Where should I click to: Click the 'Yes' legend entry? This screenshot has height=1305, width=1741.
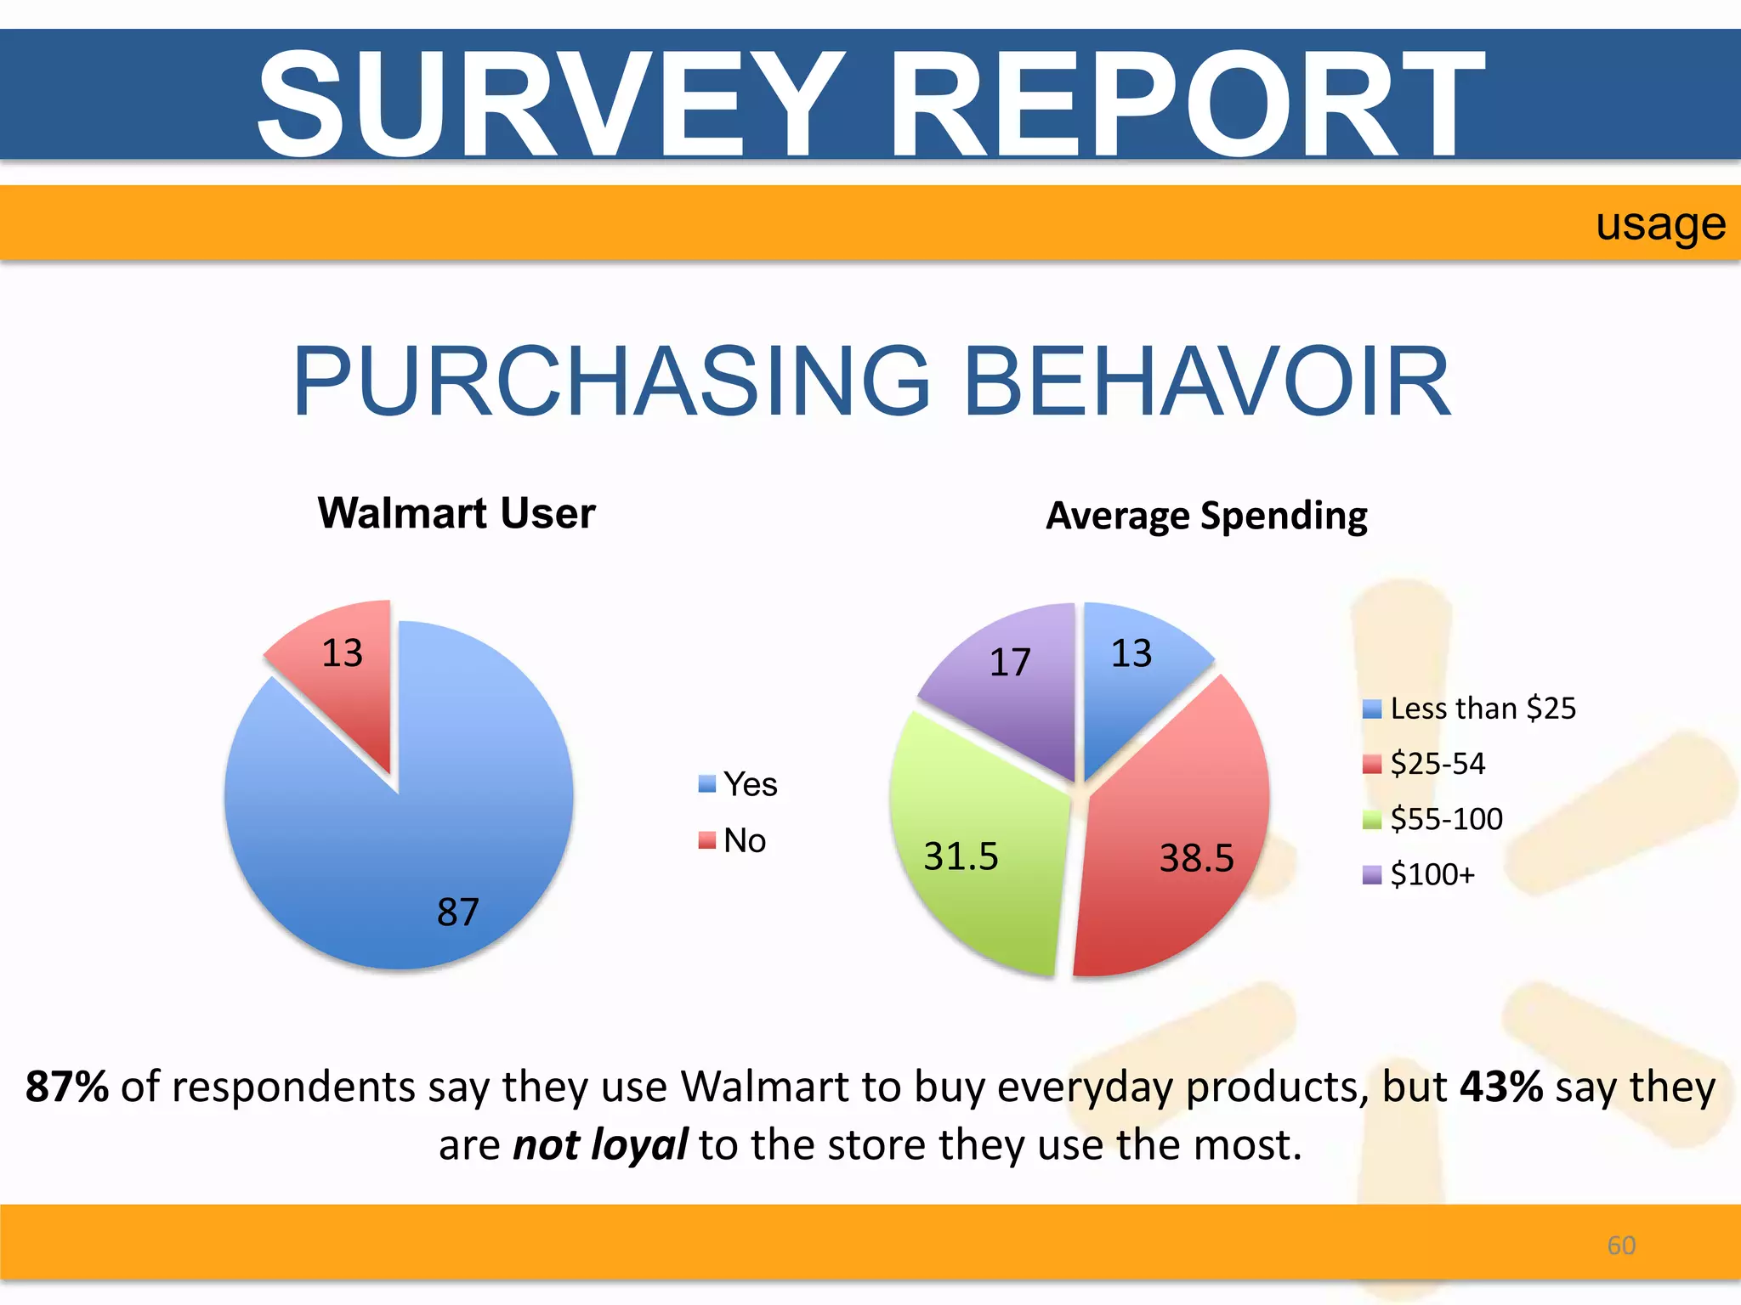pyautogui.click(x=738, y=784)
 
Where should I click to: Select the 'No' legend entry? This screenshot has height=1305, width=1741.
pyautogui.click(x=733, y=841)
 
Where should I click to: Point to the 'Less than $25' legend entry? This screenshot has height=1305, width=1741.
pyautogui.click(x=1469, y=709)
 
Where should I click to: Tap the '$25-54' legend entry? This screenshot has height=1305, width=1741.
pyautogui.click(x=1424, y=764)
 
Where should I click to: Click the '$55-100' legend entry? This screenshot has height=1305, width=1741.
pyautogui.click(x=1433, y=819)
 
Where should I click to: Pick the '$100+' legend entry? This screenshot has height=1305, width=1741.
pyautogui.click(x=1419, y=874)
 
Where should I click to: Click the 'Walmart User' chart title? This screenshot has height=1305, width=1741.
pyautogui.click(x=457, y=513)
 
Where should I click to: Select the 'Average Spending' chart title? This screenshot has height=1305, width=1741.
pyautogui.click(x=1206, y=516)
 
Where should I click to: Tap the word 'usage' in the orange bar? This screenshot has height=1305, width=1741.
pyautogui.click(x=1660, y=225)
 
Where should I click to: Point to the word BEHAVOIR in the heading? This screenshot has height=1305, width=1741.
pyautogui.click(x=1207, y=382)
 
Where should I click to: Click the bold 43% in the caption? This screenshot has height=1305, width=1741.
pyautogui.click(x=1500, y=1087)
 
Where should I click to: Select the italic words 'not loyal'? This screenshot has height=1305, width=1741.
pyautogui.click(x=600, y=1145)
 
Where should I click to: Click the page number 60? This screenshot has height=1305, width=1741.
pyautogui.click(x=1621, y=1246)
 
